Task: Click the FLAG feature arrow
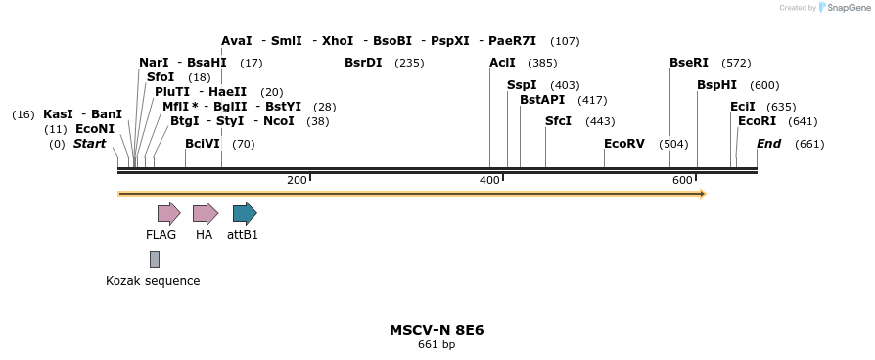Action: [168, 213]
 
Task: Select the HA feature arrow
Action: [205, 213]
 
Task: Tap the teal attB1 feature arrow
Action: [244, 213]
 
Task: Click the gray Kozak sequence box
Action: [155, 259]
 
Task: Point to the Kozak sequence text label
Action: [153, 281]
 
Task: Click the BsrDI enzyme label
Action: [364, 63]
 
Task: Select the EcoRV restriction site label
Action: [624, 144]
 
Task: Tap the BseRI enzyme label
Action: [689, 63]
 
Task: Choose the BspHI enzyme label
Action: [716, 85]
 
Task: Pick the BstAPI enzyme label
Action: [542, 100]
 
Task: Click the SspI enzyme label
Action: [522, 85]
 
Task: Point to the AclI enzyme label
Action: [502, 63]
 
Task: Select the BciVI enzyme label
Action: [203, 144]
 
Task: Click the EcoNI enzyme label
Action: [95, 129]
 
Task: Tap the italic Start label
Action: [89, 144]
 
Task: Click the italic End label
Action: [769, 144]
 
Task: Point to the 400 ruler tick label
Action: [489, 180]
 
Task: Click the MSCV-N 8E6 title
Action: [437, 330]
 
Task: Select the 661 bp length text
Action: [437, 345]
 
